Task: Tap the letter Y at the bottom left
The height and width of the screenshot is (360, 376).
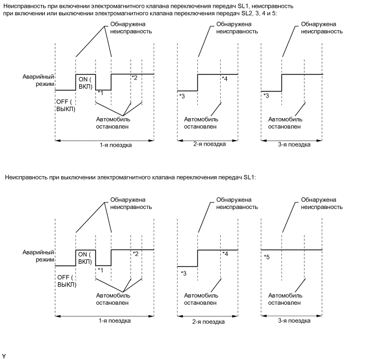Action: pos(4,356)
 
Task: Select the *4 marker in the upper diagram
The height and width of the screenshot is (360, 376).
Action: pos(225,79)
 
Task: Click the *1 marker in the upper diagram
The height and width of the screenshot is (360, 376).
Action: pos(99,92)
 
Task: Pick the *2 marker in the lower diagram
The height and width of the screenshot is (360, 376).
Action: pos(134,254)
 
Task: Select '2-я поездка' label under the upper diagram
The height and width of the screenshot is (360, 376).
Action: pos(209,144)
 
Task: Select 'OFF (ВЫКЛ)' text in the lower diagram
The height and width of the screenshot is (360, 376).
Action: pos(67,281)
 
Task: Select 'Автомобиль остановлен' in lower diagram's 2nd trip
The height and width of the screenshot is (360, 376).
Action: pos(201,298)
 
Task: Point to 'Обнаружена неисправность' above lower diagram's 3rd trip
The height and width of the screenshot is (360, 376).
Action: pos(322,204)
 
